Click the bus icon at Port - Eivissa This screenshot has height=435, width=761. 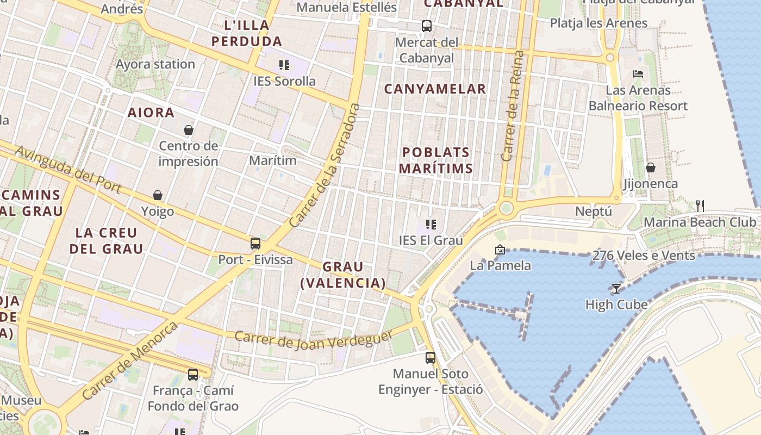click(x=255, y=243)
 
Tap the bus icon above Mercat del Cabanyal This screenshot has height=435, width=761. click(x=427, y=26)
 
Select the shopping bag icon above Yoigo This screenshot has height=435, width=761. click(x=158, y=195)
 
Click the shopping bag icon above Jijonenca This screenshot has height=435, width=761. click(x=650, y=167)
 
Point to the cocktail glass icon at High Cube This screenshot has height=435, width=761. click(x=616, y=288)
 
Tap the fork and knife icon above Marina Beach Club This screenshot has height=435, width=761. click(x=700, y=206)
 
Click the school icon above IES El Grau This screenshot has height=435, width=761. click(x=431, y=224)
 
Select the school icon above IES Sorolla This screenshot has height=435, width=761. click(x=284, y=65)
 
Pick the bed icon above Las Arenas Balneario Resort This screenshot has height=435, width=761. click(x=638, y=73)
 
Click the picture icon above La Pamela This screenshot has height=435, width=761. click(x=500, y=250)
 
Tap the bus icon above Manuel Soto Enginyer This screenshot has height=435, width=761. click(x=431, y=357)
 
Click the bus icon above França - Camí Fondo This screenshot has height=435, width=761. click(x=193, y=374)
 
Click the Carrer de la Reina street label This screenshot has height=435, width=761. click(x=513, y=106)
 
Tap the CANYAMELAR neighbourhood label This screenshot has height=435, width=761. click(x=435, y=89)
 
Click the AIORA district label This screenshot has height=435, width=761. click(x=151, y=113)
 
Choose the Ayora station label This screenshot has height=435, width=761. click(x=155, y=64)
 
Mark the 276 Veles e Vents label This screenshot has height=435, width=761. click(x=644, y=255)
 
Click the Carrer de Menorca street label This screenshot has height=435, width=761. click(x=130, y=361)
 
